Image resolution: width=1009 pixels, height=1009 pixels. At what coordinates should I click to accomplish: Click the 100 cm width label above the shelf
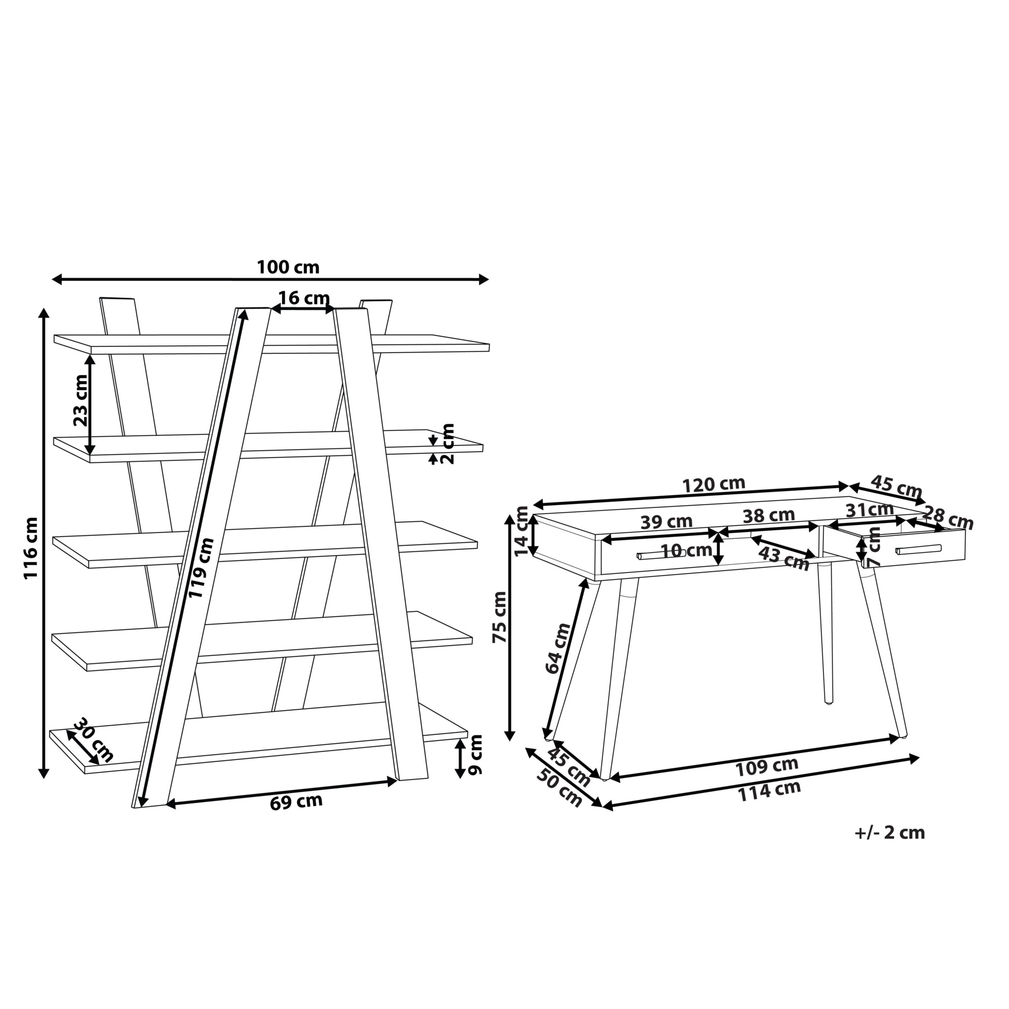(x=288, y=267)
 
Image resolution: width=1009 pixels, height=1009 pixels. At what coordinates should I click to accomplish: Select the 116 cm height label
(x=31, y=548)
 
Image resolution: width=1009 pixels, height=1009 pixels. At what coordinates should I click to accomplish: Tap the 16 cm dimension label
(x=304, y=298)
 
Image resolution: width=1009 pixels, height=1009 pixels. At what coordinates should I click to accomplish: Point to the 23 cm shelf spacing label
(x=80, y=400)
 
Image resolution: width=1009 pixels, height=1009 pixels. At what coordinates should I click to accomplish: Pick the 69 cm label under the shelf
(x=296, y=802)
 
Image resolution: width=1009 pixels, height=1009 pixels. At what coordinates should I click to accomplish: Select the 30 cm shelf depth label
(x=93, y=739)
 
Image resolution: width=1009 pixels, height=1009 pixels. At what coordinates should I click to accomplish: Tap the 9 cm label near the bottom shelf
(x=475, y=755)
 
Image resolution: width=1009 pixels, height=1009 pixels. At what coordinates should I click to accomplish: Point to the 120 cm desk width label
(x=713, y=484)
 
